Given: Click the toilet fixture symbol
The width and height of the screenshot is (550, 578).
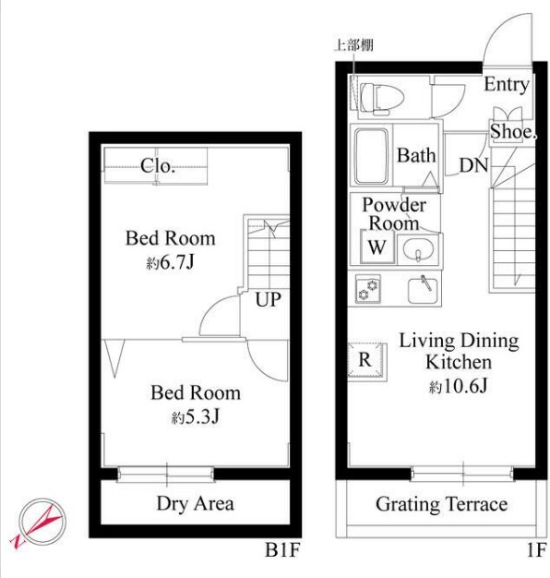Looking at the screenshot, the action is click(381, 99).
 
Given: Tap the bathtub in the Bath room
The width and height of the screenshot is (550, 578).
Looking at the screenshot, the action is click(371, 156).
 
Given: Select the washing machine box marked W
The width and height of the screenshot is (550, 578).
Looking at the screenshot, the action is click(377, 247).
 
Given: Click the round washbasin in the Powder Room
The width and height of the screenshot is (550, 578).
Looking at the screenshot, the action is click(418, 250).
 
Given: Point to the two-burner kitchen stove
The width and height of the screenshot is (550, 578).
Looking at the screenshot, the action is click(368, 289).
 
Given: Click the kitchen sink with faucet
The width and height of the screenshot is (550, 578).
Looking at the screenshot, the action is click(423, 290).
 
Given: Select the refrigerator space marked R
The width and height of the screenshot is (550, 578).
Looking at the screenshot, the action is click(367, 360).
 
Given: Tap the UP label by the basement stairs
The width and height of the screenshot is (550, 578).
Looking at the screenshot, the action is click(269, 299).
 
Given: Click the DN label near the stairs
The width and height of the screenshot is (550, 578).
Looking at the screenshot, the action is click(473, 165).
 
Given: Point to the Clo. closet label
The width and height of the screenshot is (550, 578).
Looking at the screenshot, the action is click(157, 166).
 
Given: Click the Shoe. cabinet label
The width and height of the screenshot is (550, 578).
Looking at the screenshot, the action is click(513, 132).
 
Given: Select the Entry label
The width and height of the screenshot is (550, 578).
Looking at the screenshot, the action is click(507, 85).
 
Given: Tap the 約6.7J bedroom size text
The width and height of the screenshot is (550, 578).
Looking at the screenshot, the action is click(170, 262).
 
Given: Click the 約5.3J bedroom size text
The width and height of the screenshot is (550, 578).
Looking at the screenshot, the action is click(196, 417).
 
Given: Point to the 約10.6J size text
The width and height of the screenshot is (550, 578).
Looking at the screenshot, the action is click(458, 386).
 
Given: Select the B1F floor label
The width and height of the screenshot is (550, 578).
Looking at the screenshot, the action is click(282, 550).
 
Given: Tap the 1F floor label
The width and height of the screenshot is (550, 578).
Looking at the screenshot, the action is click(536, 550).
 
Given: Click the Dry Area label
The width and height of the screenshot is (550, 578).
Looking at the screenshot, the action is click(196, 504).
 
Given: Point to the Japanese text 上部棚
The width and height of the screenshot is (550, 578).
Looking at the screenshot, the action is click(353, 45).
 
